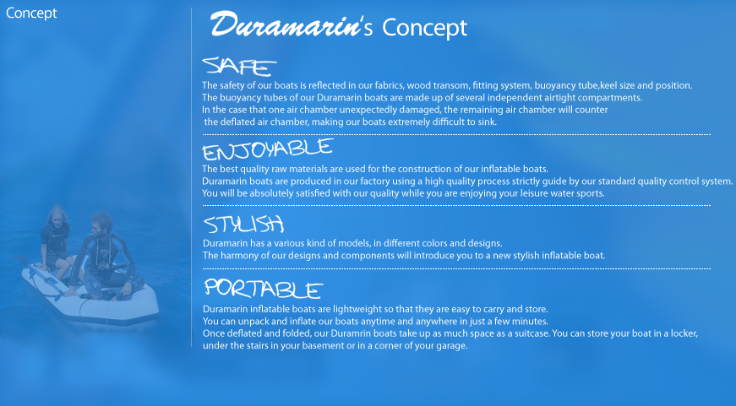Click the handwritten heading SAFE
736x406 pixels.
click(x=239, y=66)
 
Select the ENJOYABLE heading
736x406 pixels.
click(x=268, y=149)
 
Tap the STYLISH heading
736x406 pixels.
click(x=243, y=224)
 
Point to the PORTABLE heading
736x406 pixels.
click(x=264, y=289)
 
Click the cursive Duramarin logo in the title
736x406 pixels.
click(x=285, y=24)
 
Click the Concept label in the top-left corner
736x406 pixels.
click(x=31, y=13)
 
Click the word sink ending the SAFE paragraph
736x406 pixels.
click(x=487, y=122)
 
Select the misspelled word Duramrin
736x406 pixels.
click(x=352, y=333)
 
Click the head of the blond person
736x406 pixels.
click(x=57, y=215)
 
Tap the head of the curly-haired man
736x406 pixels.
click(x=101, y=225)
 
